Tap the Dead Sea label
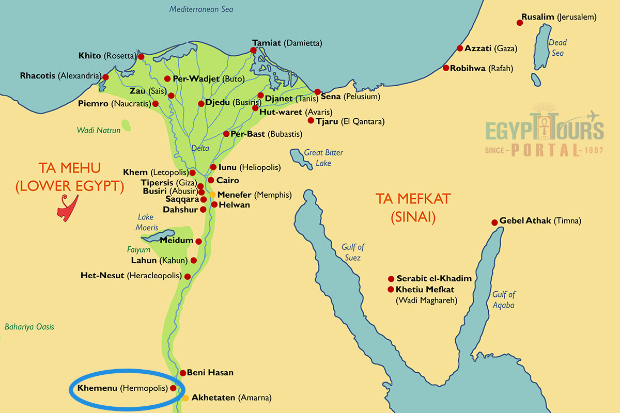click(557, 47)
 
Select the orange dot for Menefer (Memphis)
click(212, 195)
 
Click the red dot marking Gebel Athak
click(494, 222)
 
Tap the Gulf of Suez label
click(353, 252)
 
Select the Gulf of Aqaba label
click(504, 299)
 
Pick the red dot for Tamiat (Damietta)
click(253, 51)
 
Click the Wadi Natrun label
click(99, 130)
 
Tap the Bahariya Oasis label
click(29, 327)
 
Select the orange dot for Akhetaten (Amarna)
click(185, 398)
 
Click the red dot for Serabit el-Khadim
click(391, 278)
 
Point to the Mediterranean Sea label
click(202, 9)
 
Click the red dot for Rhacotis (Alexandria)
click(105, 77)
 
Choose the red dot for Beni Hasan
click(182, 373)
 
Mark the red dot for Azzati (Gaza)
click(460, 49)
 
